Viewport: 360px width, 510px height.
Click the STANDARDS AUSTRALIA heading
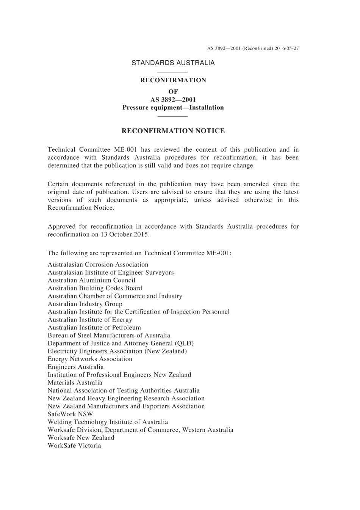[x=173, y=63]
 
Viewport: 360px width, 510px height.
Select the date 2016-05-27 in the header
[x=287, y=49]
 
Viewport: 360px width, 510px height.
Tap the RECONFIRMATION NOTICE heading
[x=173, y=131]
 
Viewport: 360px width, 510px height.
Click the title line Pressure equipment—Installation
[x=173, y=108]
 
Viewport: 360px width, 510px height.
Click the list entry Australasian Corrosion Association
[x=98, y=265]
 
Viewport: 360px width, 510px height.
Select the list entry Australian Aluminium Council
[x=91, y=281]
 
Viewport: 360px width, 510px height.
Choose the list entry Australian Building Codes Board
[x=95, y=289]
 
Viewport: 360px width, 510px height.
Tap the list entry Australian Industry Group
[x=85, y=304]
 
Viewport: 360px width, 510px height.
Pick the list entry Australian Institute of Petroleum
[x=94, y=328]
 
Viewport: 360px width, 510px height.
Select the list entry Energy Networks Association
[x=90, y=359]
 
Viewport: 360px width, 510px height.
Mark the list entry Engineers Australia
[x=75, y=367]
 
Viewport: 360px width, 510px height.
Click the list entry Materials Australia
[x=75, y=383]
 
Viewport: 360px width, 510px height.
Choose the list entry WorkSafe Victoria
[x=74, y=446]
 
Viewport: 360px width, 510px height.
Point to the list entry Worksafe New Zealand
[x=81, y=438]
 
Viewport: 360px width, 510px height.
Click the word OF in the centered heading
[x=173, y=92]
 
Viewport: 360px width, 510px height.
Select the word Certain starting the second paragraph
[x=58, y=184]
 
